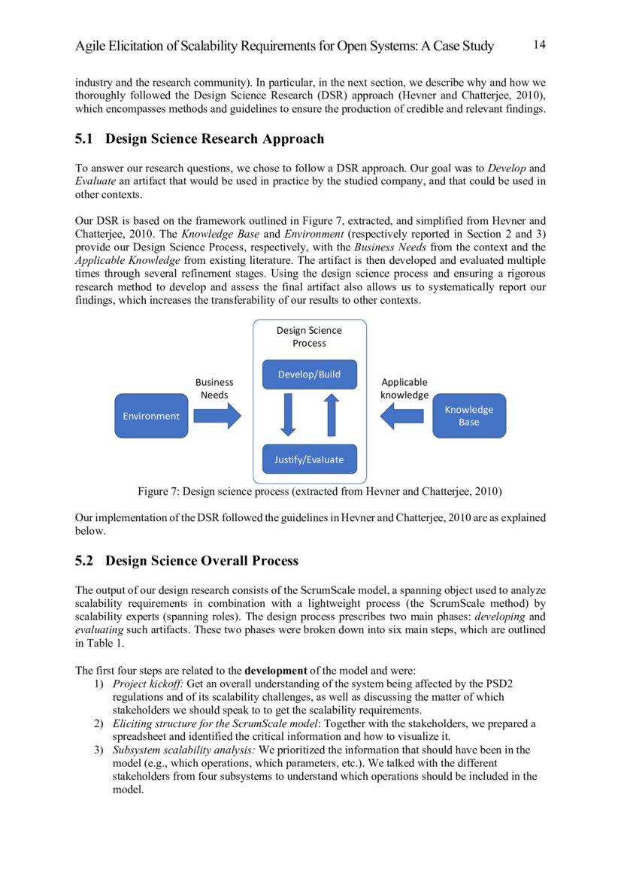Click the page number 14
[539, 45]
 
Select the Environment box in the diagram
[151, 416]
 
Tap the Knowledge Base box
[468, 416]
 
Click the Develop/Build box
[309, 374]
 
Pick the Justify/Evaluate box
[309, 459]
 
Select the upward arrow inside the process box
[331, 415]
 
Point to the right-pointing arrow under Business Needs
[217, 415]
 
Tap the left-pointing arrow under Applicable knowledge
[402, 415]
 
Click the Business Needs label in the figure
[214, 388]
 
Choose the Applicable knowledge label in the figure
[404, 388]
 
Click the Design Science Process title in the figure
[309, 336]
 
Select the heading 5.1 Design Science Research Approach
[200, 139]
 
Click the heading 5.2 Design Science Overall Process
[187, 561]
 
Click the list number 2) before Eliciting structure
[98, 723]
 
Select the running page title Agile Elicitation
[284, 47]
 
